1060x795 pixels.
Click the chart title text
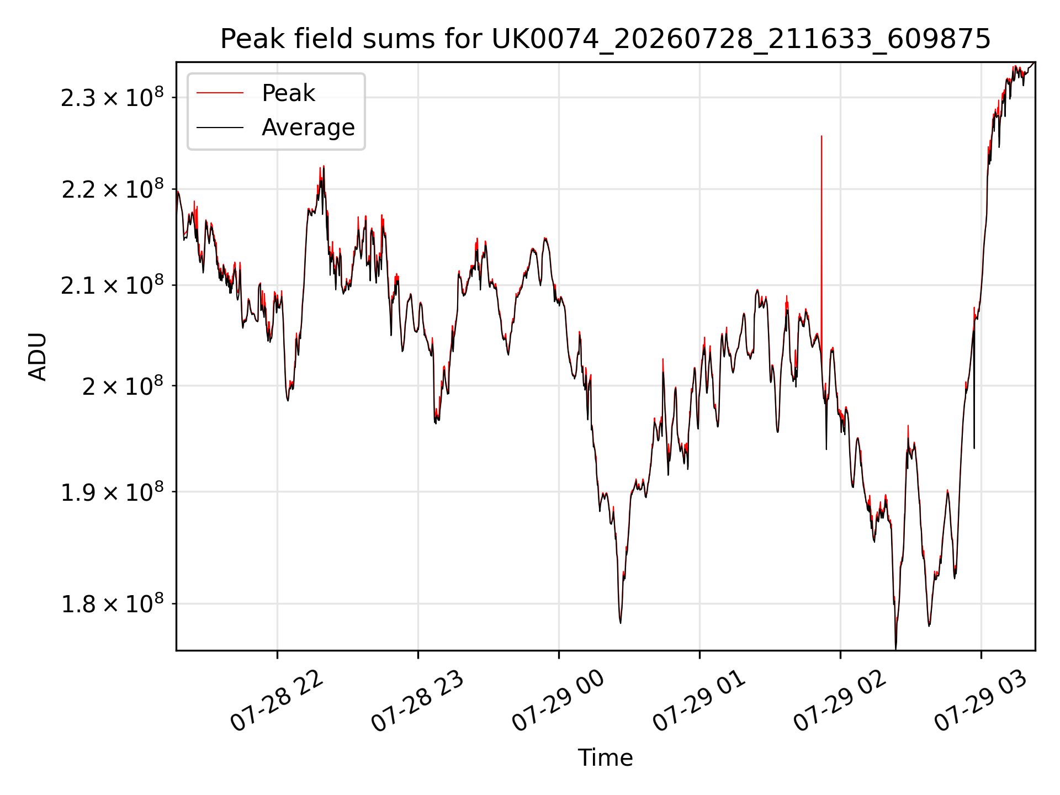(x=606, y=39)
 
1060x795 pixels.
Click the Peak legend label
(x=288, y=93)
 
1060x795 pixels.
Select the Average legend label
(x=308, y=128)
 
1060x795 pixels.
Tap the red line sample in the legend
(x=220, y=93)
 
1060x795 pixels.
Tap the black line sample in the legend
(x=220, y=128)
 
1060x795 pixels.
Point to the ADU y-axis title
(x=38, y=356)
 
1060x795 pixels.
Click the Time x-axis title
(x=605, y=757)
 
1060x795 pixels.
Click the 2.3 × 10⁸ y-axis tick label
(x=112, y=97)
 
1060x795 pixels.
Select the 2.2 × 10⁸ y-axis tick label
(x=112, y=189)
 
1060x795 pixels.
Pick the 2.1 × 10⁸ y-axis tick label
(x=112, y=285)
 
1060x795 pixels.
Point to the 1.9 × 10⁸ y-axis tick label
(x=112, y=491)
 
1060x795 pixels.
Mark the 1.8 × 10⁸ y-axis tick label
(x=112, y=603)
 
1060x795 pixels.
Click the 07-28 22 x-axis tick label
(x=277, y=702)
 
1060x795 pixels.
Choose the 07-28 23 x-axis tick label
(x=417, y=702)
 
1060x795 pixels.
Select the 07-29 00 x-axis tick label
(x=558, y=702)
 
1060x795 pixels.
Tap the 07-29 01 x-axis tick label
(x=699, y=702)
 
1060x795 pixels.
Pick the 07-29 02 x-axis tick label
(x=840, y=702)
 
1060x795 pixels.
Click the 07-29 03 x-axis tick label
(x=981, y=702)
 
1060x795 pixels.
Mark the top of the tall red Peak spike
(x=821, y=136)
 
